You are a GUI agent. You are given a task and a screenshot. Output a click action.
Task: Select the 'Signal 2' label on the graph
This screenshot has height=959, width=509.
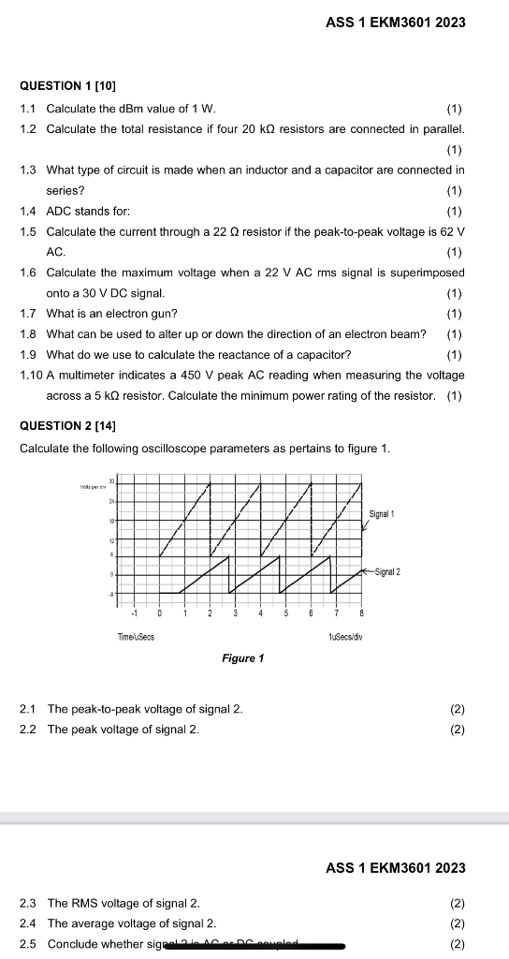click(x=388, y=570)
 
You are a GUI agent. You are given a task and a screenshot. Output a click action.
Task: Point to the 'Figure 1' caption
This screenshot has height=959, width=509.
click(x=242, y=658)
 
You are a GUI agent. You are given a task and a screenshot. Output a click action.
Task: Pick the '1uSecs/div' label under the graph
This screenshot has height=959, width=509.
click(x=345, y=636)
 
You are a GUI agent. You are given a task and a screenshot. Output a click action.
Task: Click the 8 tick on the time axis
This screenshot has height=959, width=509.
click(x=361, y=614)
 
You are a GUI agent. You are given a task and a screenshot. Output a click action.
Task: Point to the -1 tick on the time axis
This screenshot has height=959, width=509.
click(x=134, y=614)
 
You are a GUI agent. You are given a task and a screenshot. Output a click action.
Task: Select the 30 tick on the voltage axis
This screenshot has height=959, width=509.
click(x=111, y=480)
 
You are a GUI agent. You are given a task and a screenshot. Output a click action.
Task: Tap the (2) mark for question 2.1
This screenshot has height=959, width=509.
click(x=457, y=709)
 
